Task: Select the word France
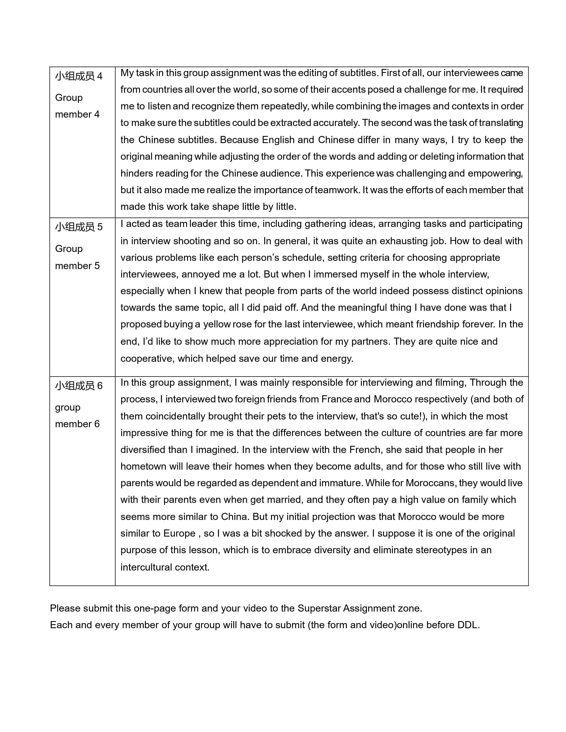point(336,399)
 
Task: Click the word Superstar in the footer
point(319,608)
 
